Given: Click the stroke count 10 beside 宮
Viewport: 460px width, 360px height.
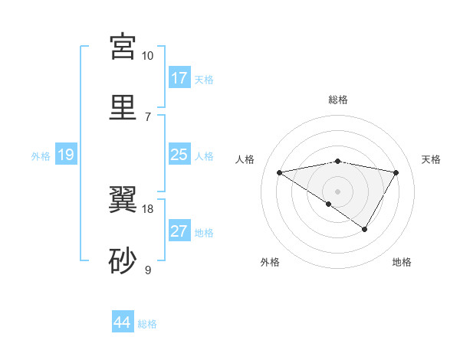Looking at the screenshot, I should [148, 56].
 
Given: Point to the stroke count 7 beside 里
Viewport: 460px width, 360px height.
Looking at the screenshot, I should [148, 116].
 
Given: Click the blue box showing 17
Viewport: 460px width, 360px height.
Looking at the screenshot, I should [179, 78].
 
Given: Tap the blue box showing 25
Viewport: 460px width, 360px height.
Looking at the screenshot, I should [179, 155].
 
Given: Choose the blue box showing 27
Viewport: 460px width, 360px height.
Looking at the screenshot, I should [179, 231].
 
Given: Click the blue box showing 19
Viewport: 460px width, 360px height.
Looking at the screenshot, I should [66, 155].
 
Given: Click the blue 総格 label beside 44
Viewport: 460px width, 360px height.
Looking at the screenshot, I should [148, 324].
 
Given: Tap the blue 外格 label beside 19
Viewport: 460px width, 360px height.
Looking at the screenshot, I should [41, 156].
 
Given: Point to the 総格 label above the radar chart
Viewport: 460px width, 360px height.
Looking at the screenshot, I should [337, 100].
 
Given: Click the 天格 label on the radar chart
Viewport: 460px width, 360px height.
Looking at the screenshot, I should [431, 159].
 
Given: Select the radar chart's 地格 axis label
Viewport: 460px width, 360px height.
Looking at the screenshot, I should [402, 262].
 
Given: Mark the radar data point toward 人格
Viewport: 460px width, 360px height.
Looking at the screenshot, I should [279, 172].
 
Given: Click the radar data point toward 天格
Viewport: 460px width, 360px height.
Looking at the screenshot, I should [396, 172].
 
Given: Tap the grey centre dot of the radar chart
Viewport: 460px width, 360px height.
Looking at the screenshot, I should [337, 191].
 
